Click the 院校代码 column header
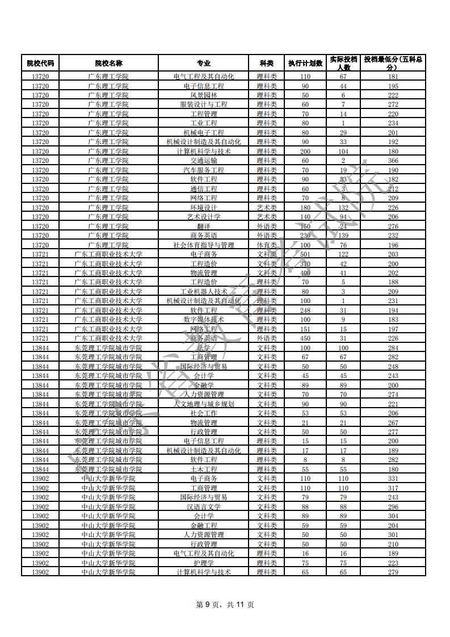pos(40,63)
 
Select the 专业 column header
pos(203,63)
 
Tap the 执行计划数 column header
pos(305,63)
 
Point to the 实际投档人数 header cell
pos(343,63)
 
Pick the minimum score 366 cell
pos(393,161)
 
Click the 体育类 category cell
pos(267,245)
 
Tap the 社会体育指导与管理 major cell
pos(203,245)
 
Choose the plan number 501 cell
pos(305,254)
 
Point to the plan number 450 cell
pos(305,338)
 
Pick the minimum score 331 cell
pos(393,479)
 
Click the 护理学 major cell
pos(203,563)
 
